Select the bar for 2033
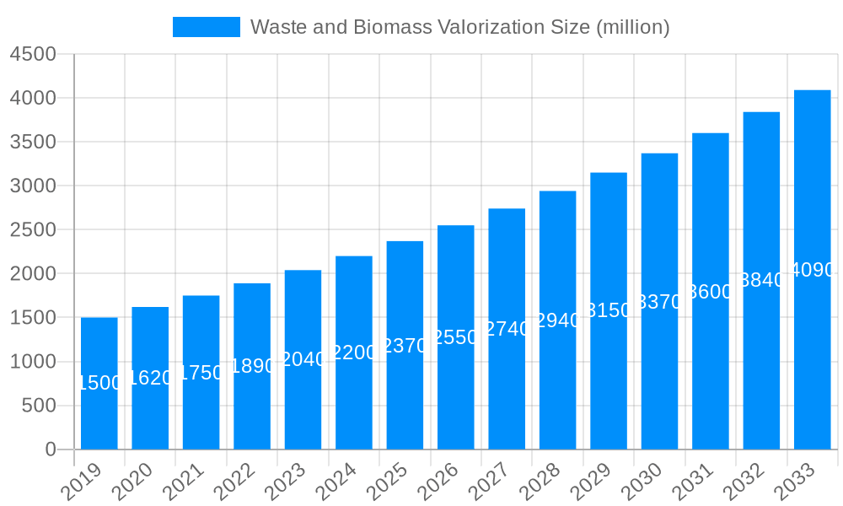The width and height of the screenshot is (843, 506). click(x=812, y=354)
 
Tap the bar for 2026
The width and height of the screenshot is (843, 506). click(x=455, y=388)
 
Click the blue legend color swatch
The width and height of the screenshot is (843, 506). click(x=206, y=27)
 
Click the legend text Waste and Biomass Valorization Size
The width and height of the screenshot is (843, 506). click(x=459, y=27)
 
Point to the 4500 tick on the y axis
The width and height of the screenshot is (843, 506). click(x=33, y=54)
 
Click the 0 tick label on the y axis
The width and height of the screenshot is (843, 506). click(x=50, y=449)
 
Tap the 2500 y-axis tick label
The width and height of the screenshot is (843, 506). click(x=33, y=229)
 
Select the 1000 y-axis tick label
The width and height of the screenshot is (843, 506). click(x=33, y=362)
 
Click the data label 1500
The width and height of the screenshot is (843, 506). click(x=99, y=383)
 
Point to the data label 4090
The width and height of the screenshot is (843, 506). click(x=813, y=270)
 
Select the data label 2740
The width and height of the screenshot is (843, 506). click(x=507, y=329)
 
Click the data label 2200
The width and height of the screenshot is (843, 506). click(x=354, y=353)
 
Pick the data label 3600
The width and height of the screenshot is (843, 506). click(x=711, y=292)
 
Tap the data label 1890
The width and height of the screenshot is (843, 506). click(x=252, y=366)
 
